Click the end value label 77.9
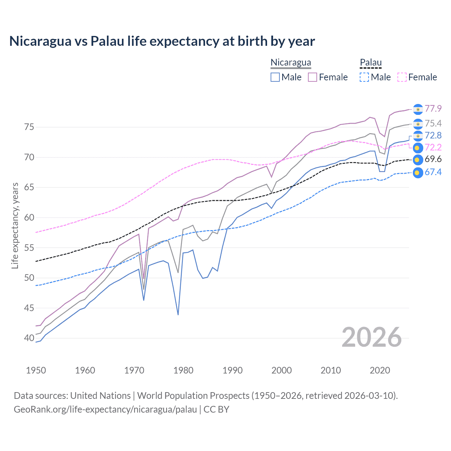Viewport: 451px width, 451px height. (433, 109)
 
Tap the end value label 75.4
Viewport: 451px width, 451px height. (433, 123)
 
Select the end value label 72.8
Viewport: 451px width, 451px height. (433, 135)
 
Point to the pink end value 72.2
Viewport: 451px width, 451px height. (433, 147)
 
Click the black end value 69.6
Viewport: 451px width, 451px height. (433, 159)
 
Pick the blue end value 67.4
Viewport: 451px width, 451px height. (433, 172)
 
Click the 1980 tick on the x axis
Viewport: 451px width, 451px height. (183, 370)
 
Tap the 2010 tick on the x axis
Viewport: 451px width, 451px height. (330, 370)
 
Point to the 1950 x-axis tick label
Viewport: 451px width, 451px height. (36, 370)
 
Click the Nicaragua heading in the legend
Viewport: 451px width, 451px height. (291, 63)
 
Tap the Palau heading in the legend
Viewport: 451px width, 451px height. (371, 63)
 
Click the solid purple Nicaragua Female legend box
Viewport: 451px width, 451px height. (313, 77)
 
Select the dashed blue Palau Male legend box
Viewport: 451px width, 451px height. (364, 77)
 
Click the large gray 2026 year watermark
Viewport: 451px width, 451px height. (371, 337)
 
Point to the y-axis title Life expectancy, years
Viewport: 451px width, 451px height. (15, 225)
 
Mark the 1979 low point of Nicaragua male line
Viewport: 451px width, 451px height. (178, 315)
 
